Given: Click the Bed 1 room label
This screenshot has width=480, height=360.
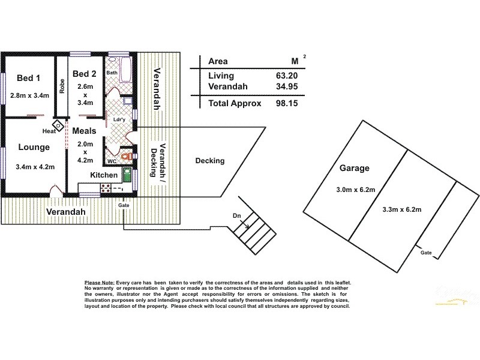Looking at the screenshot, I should (x=29, y=77).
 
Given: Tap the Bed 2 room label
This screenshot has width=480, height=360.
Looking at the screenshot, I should (x=85, y=74).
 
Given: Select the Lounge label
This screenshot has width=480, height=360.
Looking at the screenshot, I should (x=34, y=148).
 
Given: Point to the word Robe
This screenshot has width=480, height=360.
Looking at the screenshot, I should (x=62, y=87).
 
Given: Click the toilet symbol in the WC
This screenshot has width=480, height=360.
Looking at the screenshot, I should (x=125, y=157).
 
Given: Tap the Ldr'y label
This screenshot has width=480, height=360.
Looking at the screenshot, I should (x=119, y=119).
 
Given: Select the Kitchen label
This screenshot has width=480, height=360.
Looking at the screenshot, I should (x=104, y=175).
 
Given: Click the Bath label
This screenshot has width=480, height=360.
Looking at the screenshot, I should (x=112, y=73).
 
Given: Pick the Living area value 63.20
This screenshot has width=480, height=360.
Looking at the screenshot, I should (x=286, y=76).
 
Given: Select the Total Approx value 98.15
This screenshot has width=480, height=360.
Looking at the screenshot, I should (x=286, y=103).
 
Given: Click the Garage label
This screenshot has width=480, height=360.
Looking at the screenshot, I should (x=354, y=169).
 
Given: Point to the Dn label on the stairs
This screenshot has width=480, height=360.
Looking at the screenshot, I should (x=238, y=215).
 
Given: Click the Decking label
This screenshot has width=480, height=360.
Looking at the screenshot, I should (x=210, y=161).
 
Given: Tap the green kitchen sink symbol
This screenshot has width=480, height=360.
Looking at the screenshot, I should (x=127, y=175).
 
